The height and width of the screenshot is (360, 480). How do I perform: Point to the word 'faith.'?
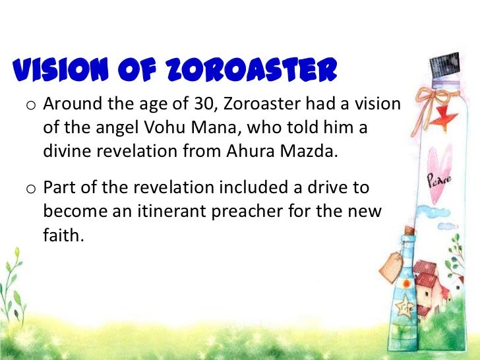tap(65, 233)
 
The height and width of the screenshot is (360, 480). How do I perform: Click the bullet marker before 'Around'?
tap(31, 106)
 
